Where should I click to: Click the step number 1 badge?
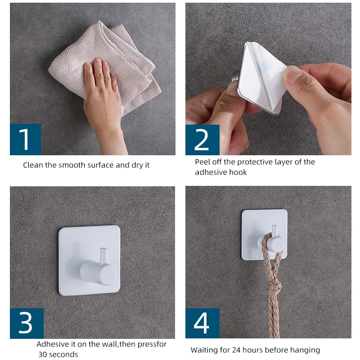point(25,139)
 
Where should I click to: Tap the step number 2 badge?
point(202,140)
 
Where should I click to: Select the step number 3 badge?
point(27,323)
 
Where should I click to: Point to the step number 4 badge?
point(202,323)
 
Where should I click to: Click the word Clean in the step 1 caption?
point(33,165)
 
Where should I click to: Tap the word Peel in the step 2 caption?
point(203,162)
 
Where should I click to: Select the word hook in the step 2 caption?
point(237,172)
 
